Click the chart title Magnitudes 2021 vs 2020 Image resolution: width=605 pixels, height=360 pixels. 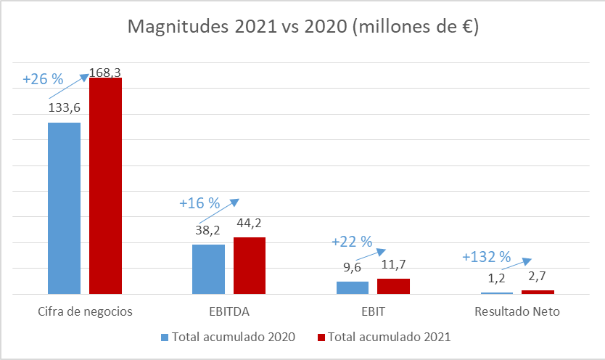click(302, 28)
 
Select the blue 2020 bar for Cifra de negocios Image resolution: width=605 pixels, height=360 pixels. click(64, 208)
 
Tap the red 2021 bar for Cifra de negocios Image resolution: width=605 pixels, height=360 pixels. click(105, 186)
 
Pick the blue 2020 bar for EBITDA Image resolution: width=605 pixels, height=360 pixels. click(208, 269)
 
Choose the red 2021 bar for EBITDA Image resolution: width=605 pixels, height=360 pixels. click(250, 266)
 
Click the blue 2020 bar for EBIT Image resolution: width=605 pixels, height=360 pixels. click(353, 287)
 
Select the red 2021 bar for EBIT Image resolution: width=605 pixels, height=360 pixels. click(394, 286)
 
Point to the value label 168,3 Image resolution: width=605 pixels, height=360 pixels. click(105, 73)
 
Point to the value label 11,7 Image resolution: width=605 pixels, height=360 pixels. click(394, 265)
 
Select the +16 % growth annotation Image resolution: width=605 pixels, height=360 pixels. click(199, 203)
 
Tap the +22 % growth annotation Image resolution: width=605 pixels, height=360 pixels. click(351, 241)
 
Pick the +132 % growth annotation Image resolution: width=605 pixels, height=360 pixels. click(486, 257)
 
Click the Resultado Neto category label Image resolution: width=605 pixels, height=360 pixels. click(517, 312)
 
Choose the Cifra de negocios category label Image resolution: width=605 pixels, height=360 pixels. click(85, 312)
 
